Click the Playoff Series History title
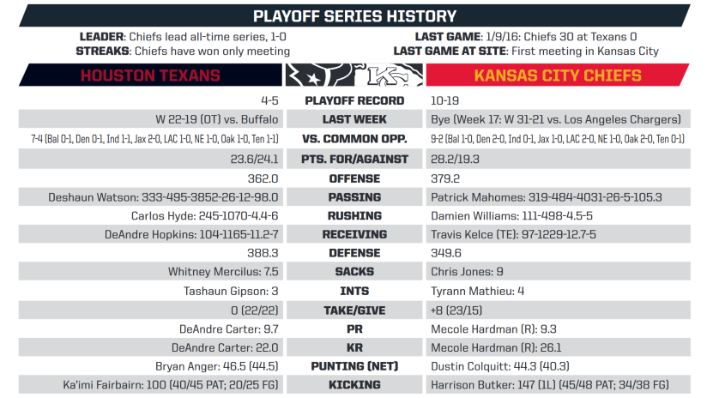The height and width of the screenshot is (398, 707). pos(354,16)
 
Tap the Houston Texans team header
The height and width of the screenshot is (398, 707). pos(150,75)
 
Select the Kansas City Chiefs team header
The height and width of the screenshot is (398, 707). pos(558,75)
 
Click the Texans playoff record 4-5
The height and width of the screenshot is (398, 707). pos(269,100)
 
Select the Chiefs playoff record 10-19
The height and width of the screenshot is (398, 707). pos(444,100)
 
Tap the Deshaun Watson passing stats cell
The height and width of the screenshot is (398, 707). pos(163,197)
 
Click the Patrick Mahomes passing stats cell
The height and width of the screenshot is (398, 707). pos(547,197)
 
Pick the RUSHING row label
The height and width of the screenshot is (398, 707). pos(354,216)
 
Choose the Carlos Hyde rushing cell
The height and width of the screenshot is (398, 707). pos(205,216)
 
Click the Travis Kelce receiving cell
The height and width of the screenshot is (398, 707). pos(513,234)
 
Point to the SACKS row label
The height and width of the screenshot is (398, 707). pos(354,272)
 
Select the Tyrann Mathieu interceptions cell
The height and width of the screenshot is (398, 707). pos(478,291)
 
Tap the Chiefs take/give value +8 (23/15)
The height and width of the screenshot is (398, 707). pos(456,311)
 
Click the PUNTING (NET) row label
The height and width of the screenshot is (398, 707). pos(354,366)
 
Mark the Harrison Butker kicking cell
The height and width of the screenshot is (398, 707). pos(550,385)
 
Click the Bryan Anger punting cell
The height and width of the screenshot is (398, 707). pos(217,366)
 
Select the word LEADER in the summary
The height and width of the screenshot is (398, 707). pos(101,37)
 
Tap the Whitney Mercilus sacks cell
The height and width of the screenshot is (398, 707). pos(223,272)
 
